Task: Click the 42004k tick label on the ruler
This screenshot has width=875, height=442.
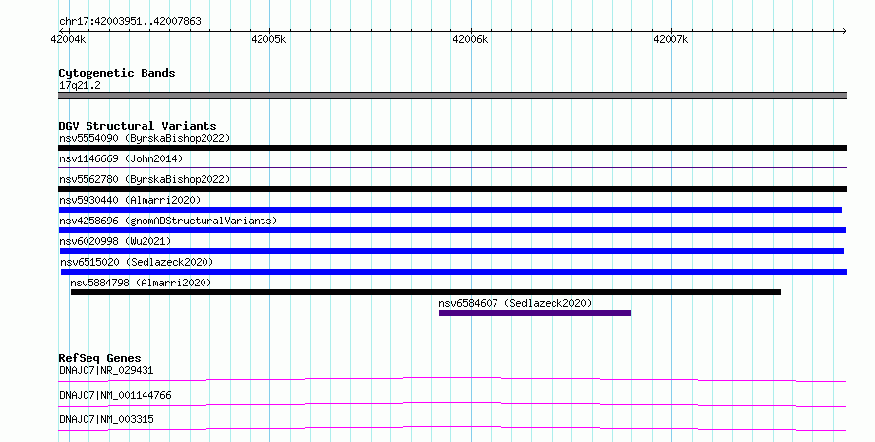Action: (x=68, y=39)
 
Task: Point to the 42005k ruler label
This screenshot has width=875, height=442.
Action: (x=268, y=39)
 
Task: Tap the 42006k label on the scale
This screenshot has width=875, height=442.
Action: (x=470, y=39)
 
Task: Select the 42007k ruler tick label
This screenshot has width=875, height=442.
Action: (x=671, y=39)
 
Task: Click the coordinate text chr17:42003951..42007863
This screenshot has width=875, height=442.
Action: (x=130, y=22)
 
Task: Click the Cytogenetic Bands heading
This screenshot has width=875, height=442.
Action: (x=117, y=73)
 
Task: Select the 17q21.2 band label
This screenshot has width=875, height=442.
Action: (x=80, y=86)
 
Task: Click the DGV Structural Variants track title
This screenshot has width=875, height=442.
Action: (x=138, y=126)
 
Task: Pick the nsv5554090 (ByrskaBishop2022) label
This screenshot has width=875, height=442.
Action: (x=145, y=138)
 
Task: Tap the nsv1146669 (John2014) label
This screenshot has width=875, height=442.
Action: (x=121, y=158)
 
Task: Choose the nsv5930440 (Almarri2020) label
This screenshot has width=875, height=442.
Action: (x=130, y=200)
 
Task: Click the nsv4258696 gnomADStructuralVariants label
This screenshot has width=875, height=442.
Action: (x=168, y=221)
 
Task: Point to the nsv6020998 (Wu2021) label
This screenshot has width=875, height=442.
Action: (x=115, y=241)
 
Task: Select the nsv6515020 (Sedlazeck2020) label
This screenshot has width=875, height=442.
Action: (x=137, y=262)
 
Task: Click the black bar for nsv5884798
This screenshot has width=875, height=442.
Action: (x=426, y=292)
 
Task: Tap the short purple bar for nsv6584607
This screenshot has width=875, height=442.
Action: (x=535, y=313)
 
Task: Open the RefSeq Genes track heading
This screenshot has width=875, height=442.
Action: (x=100, y=358)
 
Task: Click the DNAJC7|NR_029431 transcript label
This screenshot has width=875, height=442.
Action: (x=106, y=370)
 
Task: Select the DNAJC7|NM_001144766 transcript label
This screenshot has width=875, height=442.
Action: (x=115, y=395)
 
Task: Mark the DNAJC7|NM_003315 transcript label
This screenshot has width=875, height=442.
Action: (x=106, y=419)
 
